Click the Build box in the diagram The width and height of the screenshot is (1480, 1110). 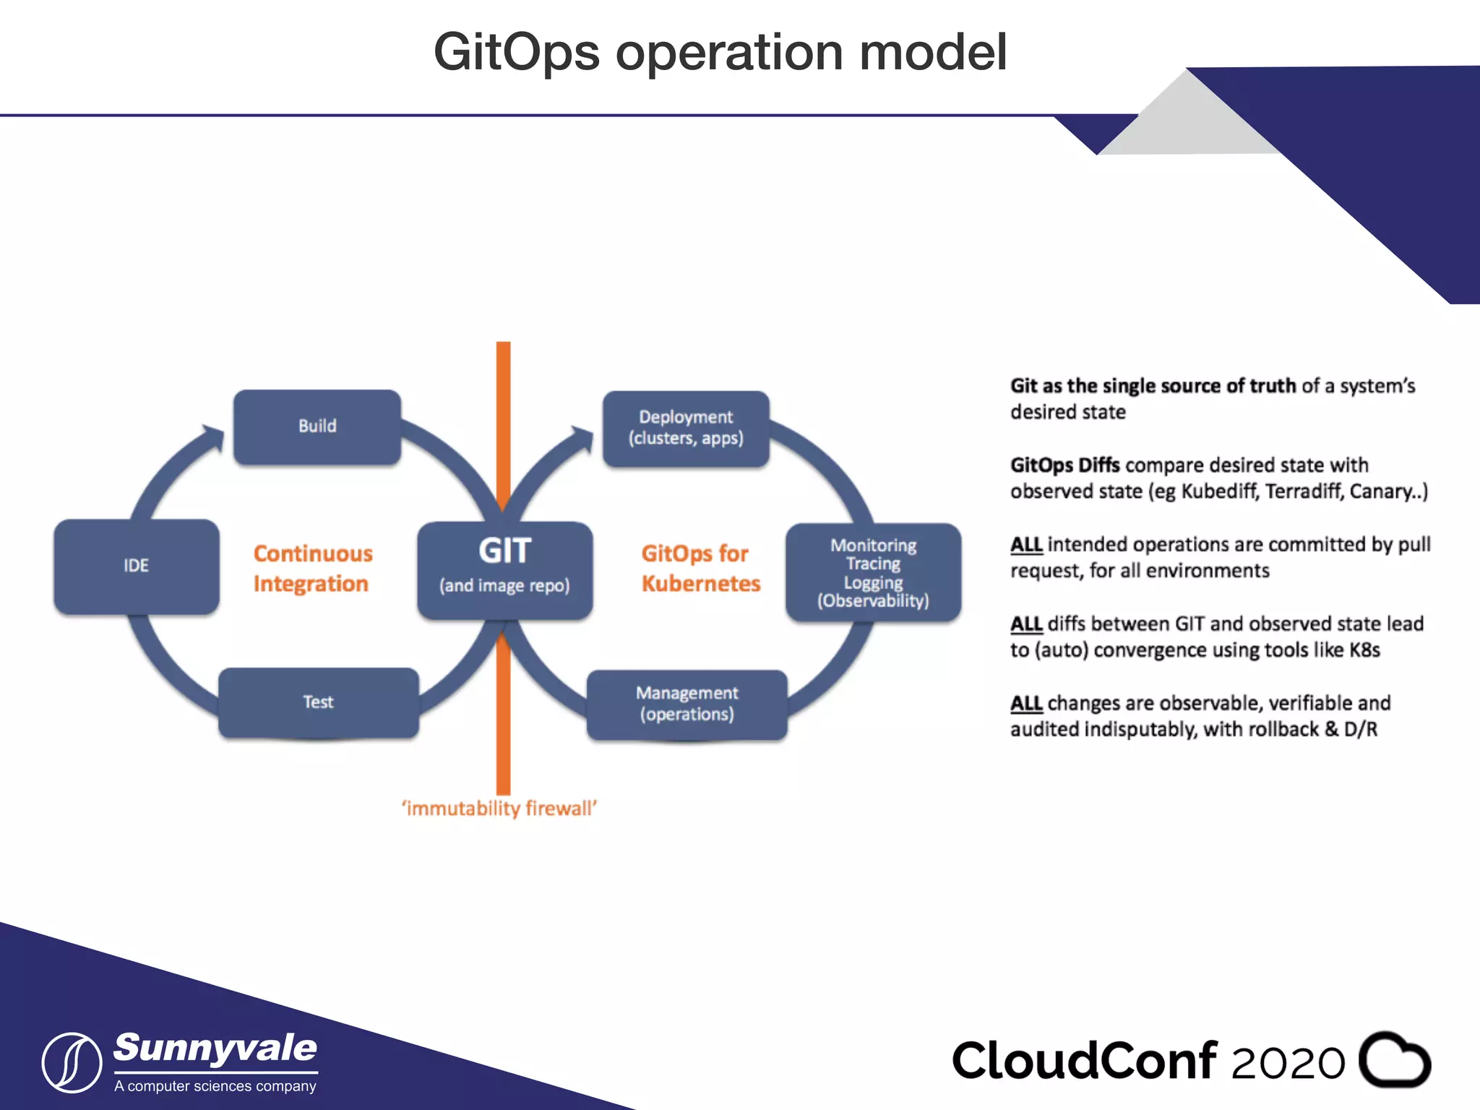(x=317, y=426)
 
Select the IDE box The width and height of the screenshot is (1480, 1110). (x=136, y=566)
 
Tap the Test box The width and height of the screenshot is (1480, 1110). (x=318, y=702)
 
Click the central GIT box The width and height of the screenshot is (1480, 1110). (x=504, y=569)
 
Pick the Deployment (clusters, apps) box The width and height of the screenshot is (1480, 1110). (x=686, y=428)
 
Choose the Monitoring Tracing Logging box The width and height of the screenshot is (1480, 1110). (x=873, y=572)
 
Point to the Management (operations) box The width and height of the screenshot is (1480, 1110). (x=687, y=704)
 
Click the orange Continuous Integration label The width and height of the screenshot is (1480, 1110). (x=312, y=569)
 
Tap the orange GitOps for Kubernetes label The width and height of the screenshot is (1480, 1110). (x=700, y=569)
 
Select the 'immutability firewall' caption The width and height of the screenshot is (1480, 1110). (x=499, y=808)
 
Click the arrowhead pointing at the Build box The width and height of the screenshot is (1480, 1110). (x=213, y=436)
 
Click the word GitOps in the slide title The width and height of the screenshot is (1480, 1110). (x=516, y=52)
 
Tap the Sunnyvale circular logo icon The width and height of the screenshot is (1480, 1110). (x=72, y=1062)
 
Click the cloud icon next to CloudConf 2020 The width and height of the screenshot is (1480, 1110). (x=1394, y=1059)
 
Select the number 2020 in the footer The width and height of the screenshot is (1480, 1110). (x=1288, y=1063)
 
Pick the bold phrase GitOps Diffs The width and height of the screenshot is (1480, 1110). (x=1064, y=465)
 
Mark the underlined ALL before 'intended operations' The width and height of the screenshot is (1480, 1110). (x=1025, y=544)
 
